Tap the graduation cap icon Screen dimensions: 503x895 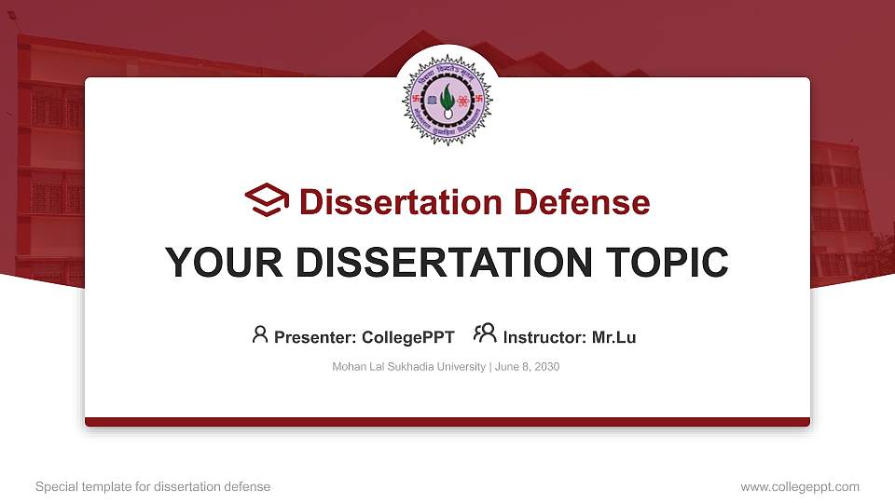click(x=267, y=201)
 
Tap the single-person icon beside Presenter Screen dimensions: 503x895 click(x=260, y=334)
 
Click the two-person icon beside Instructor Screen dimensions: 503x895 click(x=485, y=334)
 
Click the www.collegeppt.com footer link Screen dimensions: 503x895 click(x=799, y=486)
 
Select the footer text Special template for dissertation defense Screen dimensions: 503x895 click(x=153, y=486)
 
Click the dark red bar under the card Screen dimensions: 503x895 click(x=447, y=422)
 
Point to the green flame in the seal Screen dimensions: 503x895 click(x=447, y=96)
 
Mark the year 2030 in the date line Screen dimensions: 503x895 click(x=547, y=367)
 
